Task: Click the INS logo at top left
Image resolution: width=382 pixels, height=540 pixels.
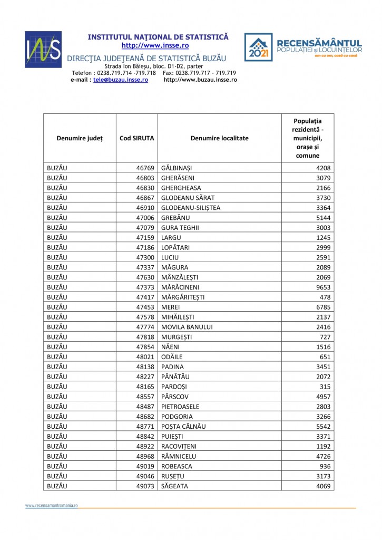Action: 43,50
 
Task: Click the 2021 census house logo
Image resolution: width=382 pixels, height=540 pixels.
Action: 258,47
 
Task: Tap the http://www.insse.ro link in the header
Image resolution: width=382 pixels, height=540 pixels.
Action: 158,45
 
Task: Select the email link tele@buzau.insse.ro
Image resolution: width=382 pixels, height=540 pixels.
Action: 120,80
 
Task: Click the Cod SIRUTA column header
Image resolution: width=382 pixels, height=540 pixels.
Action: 136,138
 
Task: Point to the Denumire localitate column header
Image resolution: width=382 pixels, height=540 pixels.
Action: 219,138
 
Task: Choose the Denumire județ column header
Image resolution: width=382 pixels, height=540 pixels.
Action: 80,138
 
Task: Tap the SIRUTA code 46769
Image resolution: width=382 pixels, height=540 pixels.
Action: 145,168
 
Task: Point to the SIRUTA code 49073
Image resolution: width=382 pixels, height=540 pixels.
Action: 145,486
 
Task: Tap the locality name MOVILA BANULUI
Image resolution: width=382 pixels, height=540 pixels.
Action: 187,326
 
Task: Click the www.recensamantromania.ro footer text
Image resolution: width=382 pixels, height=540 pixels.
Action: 52,505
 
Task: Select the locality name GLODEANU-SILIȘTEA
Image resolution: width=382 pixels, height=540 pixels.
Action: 191,208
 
